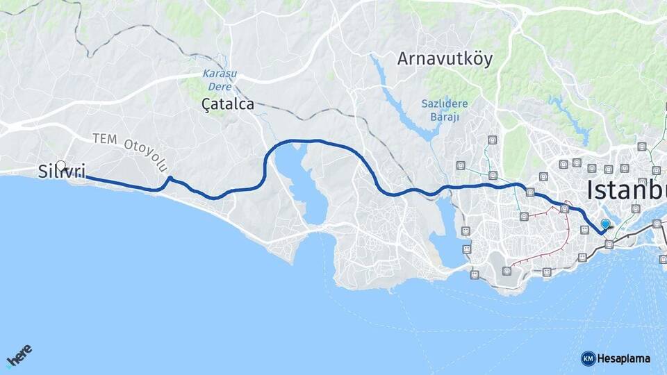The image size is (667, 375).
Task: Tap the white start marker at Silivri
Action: (60, 167)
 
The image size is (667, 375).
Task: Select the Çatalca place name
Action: (227, 105)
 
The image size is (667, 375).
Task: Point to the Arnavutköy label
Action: (445, 59)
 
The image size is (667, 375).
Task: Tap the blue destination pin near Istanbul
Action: (605, 224)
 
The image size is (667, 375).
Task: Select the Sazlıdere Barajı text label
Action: (445, 110)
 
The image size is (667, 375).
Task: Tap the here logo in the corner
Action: (19, 357)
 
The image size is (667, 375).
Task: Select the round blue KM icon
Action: (588, 358)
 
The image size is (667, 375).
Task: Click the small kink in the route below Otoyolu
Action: (169, 180)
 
